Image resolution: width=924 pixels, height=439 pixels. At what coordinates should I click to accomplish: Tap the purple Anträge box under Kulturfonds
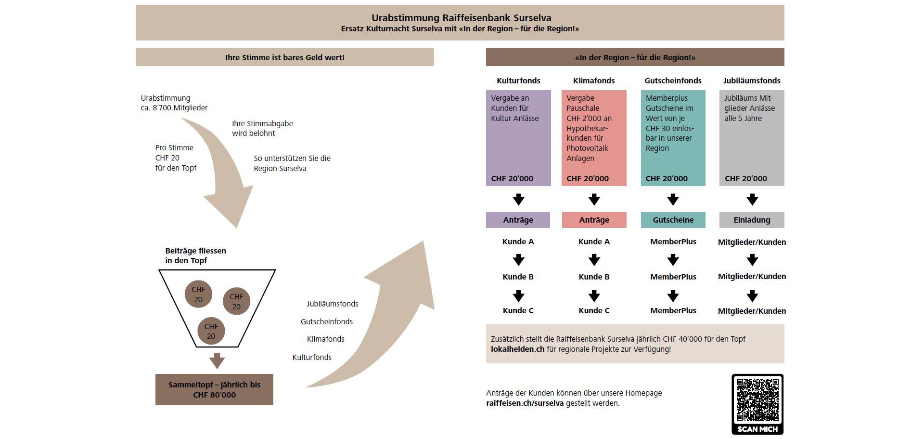click(x=518, y=220)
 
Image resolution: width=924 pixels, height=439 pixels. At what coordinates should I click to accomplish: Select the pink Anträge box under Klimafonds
click(x=594, y=220)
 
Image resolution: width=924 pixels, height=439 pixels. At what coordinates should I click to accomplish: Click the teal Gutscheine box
click(x=673, y=220)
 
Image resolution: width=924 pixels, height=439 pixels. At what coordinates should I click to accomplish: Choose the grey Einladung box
click(x=752, y=220)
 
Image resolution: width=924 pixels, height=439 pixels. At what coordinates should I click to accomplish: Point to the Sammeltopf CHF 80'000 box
click(x=214, y=389)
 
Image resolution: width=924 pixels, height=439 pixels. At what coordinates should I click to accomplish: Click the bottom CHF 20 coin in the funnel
click(x=211, y=331)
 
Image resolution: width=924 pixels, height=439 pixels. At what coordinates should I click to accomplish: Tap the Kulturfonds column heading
click(x=518, y=80)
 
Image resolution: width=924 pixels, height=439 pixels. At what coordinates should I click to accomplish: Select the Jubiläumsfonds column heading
click(x=752, y=80)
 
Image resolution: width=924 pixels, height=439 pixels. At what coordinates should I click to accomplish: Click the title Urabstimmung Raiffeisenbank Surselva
click(x=461, y=18)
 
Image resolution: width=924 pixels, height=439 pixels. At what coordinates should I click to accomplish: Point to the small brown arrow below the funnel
click(x=217, y=360)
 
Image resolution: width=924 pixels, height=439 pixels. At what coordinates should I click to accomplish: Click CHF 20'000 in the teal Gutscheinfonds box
click(x=667, y=178)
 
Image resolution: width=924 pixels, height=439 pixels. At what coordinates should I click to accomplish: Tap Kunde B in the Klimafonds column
click(x=594, y=277)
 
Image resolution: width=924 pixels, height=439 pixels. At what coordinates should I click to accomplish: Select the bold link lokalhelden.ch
click(x=517, y=349)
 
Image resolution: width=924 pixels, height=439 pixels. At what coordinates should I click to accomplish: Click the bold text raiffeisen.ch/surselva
click(x=525, y=403)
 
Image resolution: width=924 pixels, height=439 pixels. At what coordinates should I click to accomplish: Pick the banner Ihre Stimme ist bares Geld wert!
click(x=284, y=57)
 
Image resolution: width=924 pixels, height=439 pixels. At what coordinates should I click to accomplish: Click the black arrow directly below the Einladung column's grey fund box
click(x=752, y=199)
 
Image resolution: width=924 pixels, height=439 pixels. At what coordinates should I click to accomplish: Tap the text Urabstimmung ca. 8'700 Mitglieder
click(x=174, y=103)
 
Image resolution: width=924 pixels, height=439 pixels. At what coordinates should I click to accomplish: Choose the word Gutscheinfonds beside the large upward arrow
click(x=327, y=321)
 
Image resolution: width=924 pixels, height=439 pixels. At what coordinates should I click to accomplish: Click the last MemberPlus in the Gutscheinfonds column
click(x=673, y=310)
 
